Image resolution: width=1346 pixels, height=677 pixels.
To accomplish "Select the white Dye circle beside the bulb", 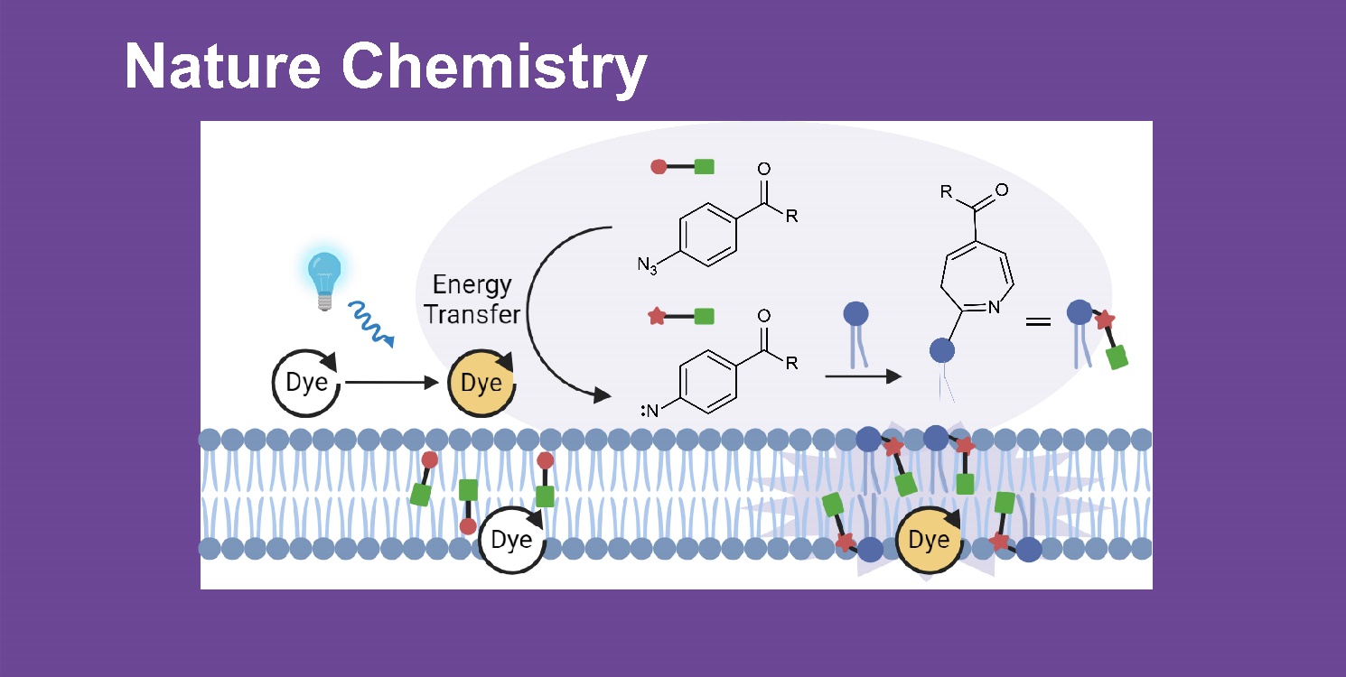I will point(307,383).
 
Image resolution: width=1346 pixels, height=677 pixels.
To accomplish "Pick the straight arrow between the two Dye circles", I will point(391,383).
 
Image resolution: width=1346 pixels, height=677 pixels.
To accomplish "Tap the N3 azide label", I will point(646,266).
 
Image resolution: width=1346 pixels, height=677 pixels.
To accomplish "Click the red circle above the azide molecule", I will point(659,166).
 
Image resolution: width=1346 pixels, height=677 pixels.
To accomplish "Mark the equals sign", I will point(1038,320).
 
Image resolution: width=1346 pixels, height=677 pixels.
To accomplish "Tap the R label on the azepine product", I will point(946,191).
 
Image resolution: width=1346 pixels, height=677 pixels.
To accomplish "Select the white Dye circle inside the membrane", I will point(512,541).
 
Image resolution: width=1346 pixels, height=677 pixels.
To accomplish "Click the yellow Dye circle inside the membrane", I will point(930,541).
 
